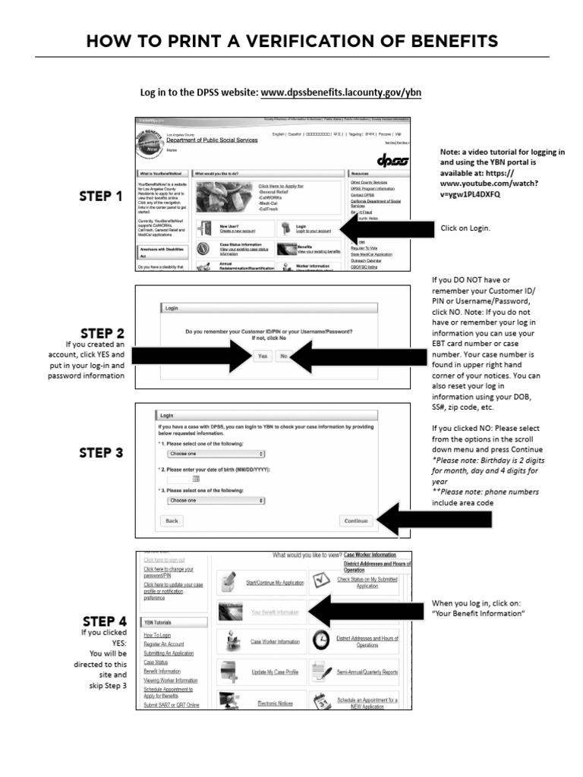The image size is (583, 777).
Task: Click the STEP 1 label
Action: pyautogui.click(x=101, y=197)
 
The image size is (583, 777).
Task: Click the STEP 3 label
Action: pyautogui.click(x=101, y=453)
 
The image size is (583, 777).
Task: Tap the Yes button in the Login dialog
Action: pyautogui.click(x=263, y=356)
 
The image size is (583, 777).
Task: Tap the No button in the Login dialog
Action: pyautogui.click(x=283, y=356)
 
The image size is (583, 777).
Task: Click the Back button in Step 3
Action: pyautogui.click(x=172, y=521)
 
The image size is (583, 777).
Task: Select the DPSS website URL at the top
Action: pyautogui.click(x=341, y=93)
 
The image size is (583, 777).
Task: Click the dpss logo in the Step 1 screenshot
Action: pyautogui.click(x=392, y=162)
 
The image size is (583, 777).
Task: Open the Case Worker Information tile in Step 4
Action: pyautogui.click(x=262, y=642)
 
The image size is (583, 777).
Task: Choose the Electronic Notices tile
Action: pyautogui.click(x=262, y=703)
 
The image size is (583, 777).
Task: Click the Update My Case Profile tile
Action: pyautogui.click(x=262, y=672)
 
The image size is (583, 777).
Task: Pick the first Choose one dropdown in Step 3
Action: pyautogui.click(x=216, y=453)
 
